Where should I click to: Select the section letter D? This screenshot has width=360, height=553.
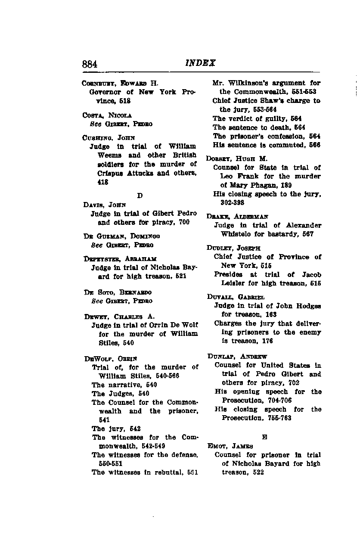[x=140, y=196]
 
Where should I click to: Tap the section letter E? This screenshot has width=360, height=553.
[x=264, y=437]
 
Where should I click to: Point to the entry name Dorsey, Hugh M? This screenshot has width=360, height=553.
[x=237, y=158]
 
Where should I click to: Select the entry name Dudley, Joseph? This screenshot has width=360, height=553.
[x=233, y=248]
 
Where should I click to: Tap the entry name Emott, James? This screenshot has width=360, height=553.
[x=230, y=446]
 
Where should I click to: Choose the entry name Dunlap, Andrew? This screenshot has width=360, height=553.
[x=237, y=356]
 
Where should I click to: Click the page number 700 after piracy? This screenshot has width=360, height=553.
[x=184, y=222]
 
